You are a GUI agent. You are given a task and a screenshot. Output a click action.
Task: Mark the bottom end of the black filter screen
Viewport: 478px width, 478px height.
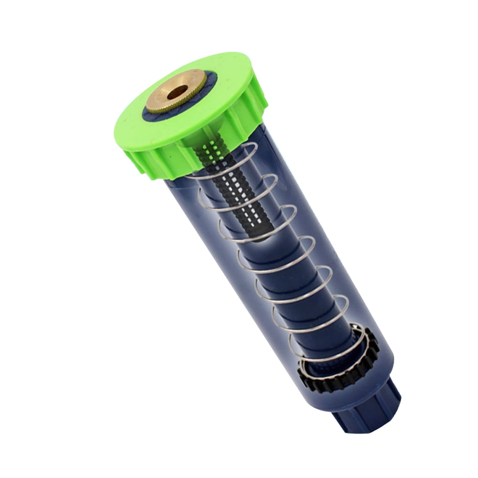(x=258, y=234)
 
